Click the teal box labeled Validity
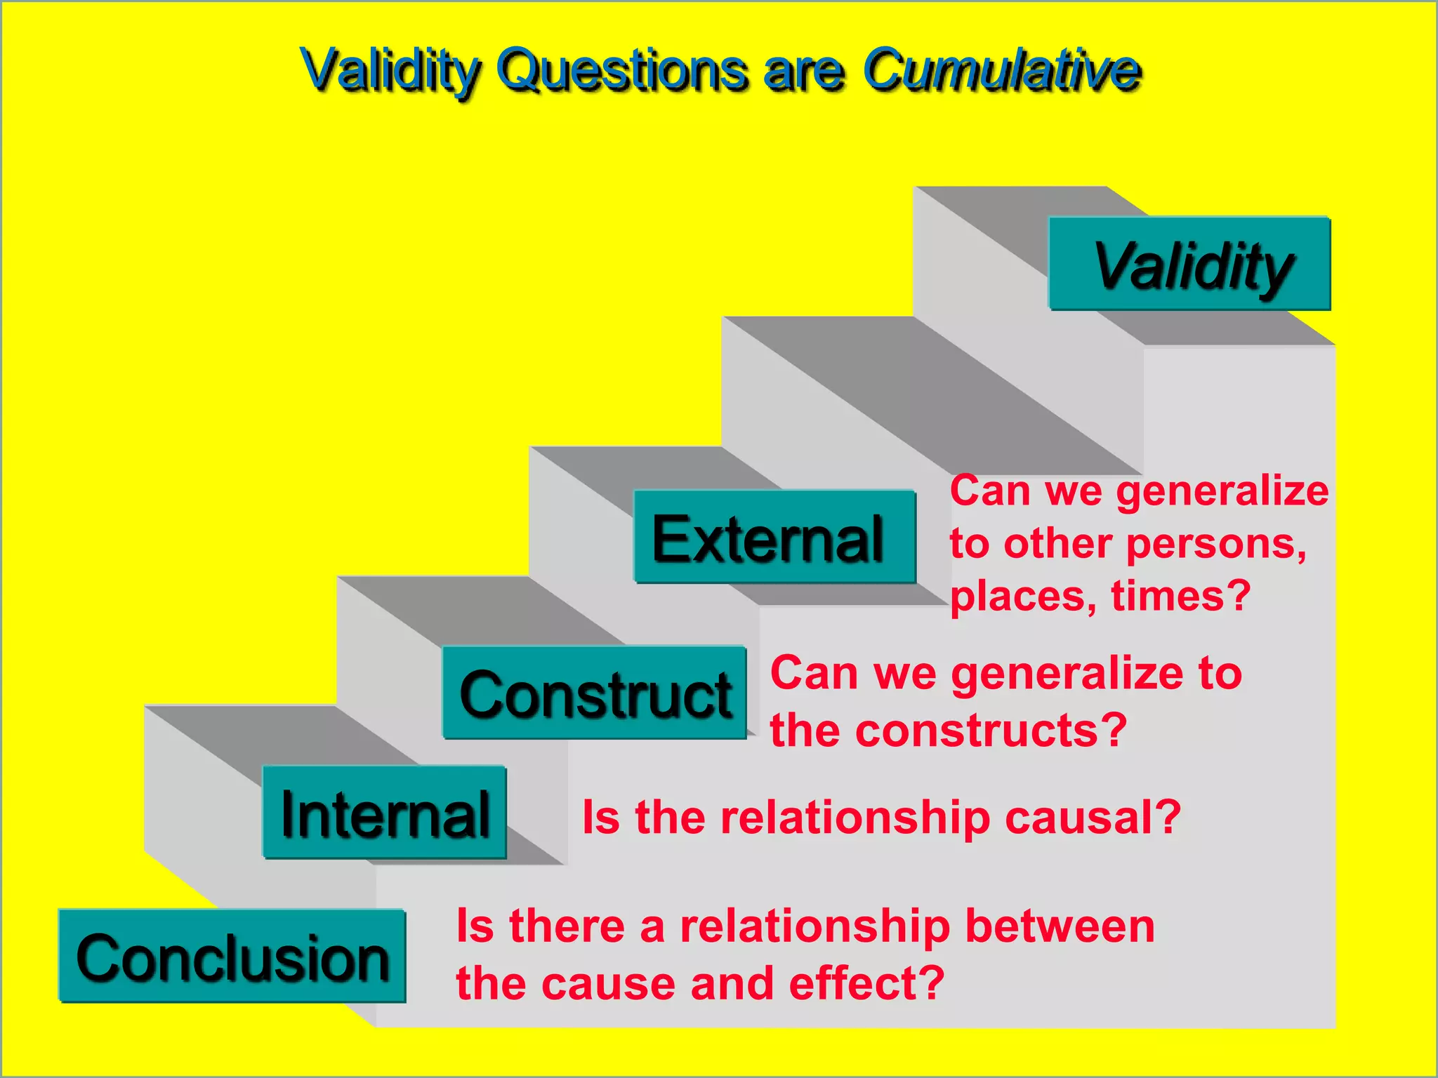click(1189, 264)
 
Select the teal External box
click(774, 537)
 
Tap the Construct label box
click(594, 693)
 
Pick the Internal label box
click(385, 813)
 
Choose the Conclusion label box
click(232, 957)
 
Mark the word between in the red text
click(1060, 926)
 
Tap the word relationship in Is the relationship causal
click(856, 818)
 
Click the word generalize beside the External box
click(1222, 491)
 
